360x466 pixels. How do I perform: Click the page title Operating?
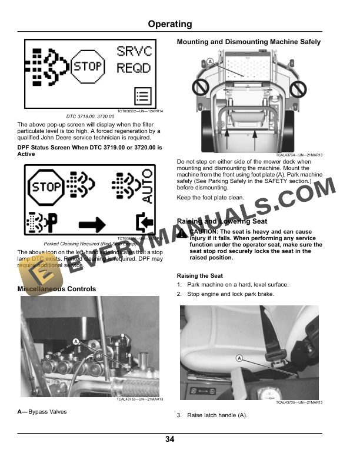tap(169, 24)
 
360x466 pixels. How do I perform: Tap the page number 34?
tap(169, 440)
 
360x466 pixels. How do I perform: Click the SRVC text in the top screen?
tap(134, 51)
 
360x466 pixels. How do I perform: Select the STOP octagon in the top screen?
tap(87, 66)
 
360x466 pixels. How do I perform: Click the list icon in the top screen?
tap(142, 95)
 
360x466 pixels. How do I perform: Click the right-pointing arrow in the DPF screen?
tap(92, 224)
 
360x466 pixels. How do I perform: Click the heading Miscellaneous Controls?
tap(56, 289)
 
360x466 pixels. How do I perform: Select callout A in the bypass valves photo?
tap(75, 341)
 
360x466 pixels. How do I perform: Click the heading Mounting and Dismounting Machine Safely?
tap(249, 42)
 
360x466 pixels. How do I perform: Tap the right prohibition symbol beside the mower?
tap(298, 89)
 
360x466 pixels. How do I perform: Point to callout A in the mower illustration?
tap(209, 61)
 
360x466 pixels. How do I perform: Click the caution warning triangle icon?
tap(182, 234)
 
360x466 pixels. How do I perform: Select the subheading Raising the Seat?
tap(200, 275)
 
